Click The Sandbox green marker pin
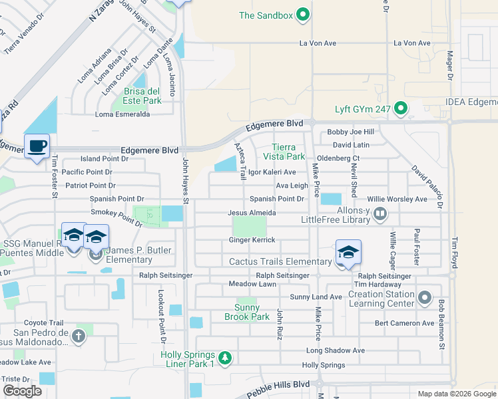click(303, 15)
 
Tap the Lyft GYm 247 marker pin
click(400, 108)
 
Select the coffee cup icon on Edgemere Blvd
click(37, 146)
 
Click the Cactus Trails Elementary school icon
click(348, 252)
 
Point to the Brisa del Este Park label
click(142, 96)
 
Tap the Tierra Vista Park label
click(288, 152)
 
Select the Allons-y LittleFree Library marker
click(380, 214)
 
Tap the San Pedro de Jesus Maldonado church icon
click(79, 336)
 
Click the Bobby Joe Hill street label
click(350, 132)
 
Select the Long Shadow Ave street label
click(336, 350)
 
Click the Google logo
click(23, 391)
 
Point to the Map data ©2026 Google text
click(456, 394)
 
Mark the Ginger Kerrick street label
click(252, 239)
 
